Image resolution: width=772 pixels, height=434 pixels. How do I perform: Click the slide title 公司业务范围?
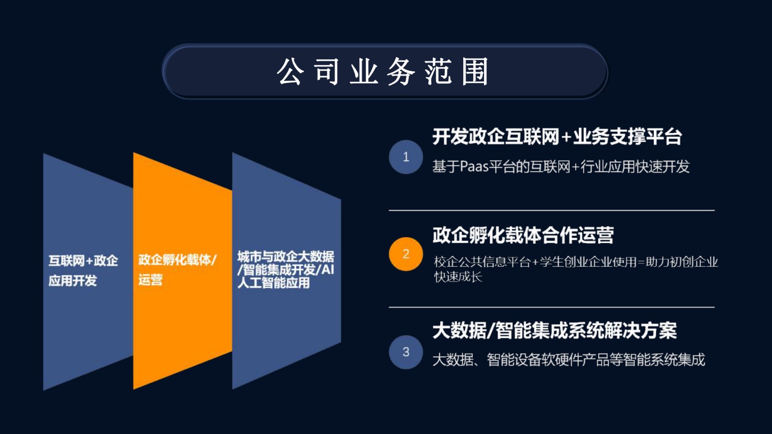383,71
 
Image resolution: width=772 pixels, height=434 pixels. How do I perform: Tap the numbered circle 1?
406,157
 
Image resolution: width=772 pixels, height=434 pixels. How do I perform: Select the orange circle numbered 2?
406,254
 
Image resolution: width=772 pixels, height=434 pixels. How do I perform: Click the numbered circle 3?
406,352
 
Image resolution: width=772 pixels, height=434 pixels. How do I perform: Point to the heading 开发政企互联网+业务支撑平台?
557,137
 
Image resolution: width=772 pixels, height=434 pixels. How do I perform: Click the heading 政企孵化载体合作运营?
523,235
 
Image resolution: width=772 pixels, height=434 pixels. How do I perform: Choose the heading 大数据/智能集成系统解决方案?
554,331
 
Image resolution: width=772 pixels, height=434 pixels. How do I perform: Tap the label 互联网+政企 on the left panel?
83,261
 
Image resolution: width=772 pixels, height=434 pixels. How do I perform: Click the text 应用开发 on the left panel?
72,281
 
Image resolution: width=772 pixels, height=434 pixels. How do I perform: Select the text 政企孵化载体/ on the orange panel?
177,260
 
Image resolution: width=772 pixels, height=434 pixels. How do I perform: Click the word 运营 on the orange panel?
150,280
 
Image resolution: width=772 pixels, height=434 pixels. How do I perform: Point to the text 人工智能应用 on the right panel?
273,283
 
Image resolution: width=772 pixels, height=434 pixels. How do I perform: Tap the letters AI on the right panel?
328,270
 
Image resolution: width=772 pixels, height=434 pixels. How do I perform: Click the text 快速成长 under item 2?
458,277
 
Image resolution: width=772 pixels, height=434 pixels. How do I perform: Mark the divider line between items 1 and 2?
552,210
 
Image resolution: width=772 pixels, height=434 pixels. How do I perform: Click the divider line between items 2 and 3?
552,307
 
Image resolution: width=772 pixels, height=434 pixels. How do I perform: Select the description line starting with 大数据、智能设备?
569,360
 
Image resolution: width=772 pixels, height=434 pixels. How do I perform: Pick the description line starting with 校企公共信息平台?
576,262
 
